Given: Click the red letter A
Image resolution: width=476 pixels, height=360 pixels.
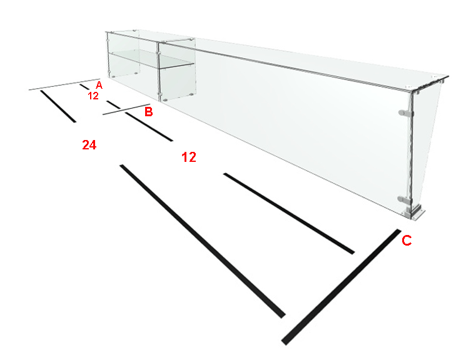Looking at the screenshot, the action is coord(99,85).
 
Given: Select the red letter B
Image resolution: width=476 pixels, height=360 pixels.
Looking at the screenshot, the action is coord(148,112).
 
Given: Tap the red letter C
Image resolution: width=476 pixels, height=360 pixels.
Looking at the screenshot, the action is coord(407,240).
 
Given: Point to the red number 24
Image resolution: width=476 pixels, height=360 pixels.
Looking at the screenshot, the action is coord(89,145).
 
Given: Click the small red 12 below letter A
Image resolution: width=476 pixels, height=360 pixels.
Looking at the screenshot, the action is coord(93,96).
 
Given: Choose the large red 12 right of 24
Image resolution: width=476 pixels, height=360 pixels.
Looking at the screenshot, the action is coord(189,157).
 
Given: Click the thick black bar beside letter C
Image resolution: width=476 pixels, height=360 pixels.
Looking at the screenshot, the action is coord(341,287).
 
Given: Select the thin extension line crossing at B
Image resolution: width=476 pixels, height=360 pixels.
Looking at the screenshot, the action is coord(126,109).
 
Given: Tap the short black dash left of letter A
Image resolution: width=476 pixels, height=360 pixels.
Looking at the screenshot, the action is coord(84,87).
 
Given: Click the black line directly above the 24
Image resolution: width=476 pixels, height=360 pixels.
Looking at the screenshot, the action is coord(58,106).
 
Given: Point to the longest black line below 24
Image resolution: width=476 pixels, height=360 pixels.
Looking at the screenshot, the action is coord(203,241).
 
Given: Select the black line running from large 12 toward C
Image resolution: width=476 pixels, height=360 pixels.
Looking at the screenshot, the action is coord(289,214).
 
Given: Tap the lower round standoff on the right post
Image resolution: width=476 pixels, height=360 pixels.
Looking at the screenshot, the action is coord(405,200).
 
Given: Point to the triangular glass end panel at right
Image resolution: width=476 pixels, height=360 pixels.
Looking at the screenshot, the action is coord(424,142).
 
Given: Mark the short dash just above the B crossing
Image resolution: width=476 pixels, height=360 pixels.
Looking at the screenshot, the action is coord(114,104).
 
